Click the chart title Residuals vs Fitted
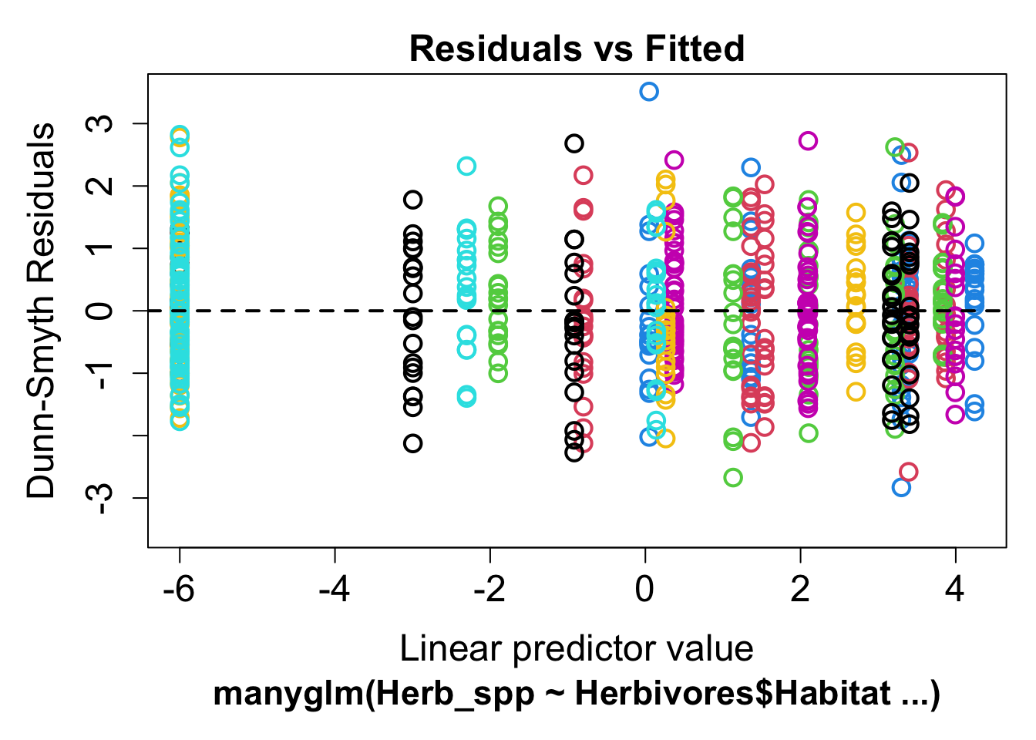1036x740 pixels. tap(577, 49)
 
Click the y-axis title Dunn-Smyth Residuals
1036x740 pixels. tap(41, 310)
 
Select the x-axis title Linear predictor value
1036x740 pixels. tap(577, 648)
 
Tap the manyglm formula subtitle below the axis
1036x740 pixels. tap(577, 694)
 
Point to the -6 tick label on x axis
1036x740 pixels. tap(179, 590)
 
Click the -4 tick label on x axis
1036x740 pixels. tap(335, 590)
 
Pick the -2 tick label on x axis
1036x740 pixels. tap(489, 590)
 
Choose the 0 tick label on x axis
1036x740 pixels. tap(644, 590)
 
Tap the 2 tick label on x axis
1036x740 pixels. tap(800, 590)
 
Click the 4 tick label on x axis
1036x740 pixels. tap(955, 590)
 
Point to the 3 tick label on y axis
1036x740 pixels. tap(99, 123)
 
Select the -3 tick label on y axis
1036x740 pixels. tap(99, 498)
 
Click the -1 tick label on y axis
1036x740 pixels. tap(99, 373)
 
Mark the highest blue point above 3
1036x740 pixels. tap(649, 92)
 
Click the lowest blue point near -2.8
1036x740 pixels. tap(901, 487)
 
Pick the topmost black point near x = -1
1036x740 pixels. tap(574, 143)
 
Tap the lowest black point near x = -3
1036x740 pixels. tap(413, 443)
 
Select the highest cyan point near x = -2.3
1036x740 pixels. tap(466, 166)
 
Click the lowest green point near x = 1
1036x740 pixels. tap(733, 478)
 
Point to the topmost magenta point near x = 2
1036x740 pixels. tap(808, 141)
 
